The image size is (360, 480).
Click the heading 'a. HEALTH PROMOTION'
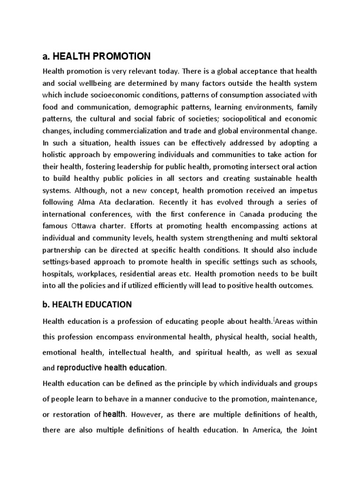[x=97, y=57]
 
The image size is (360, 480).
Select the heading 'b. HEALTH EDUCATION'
[x=87, y=305]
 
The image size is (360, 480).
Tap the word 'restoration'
[x=76, y=414]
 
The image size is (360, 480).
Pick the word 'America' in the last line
[x=269, y=430]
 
